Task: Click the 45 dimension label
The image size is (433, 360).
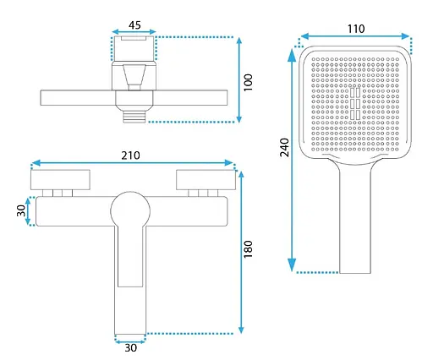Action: tap(134, 25)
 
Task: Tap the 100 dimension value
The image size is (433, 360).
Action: tap(248, 83)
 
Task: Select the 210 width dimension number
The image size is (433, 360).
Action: tap(130, 155)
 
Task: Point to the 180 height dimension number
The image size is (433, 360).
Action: tap(248, 249)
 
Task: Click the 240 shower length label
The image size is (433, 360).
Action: tap(284, 147)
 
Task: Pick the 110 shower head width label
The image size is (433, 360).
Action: tap(356, 29)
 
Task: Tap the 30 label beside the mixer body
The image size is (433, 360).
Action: tap(21, 210)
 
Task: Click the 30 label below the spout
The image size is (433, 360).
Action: tap(131, 348)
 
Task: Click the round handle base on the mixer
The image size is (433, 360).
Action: tap(130, 210)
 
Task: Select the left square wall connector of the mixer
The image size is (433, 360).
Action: tap(60, 180)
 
